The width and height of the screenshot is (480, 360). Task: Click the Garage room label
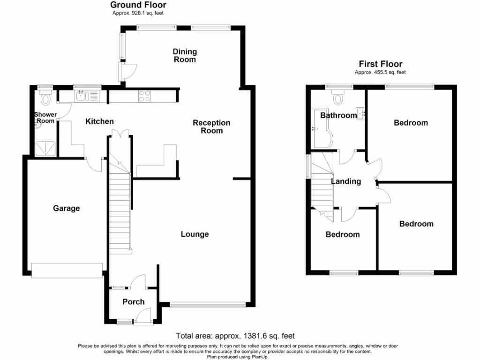click(x=66, y=208)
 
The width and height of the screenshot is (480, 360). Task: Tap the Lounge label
click(x=195, y=234)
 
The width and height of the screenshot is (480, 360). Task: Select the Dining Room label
click(x=185, y=55)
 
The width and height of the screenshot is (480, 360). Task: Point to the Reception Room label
click(x=212, y=127)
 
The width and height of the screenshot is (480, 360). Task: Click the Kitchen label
click(x=99, y=121)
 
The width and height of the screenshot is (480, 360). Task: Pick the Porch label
click(x=134, y=301)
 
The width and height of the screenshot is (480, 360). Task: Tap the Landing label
click(x=346, y=181)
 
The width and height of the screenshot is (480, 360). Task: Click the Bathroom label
click(x=338, y=115)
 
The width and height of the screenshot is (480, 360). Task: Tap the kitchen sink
click(x=82, y=97)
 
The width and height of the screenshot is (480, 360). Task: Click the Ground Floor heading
click(x=138, y=5)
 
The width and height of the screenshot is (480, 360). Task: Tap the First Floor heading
click(x=380, y=64)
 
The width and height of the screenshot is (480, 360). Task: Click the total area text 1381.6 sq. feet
click(x=235, y=336)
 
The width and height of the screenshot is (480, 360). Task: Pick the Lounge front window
click(x=208, y=305)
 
